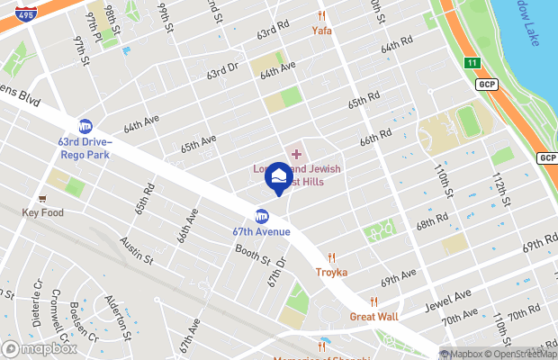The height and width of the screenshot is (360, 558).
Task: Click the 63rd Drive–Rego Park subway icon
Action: tap(85, 126)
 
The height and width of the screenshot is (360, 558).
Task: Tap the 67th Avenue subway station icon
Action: tap(262, 216)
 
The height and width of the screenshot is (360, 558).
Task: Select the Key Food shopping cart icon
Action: tap(42, 198)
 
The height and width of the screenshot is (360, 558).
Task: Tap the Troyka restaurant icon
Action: tap(331, 257)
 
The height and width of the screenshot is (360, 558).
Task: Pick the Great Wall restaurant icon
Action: tap(373, 302)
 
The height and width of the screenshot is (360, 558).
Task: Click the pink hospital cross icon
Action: tap(296, 154)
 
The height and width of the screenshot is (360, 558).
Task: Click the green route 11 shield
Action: tap(472, 62)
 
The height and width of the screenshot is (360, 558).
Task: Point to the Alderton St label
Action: tap(120, 314)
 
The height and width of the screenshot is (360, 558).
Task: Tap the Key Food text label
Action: tap(43, 213)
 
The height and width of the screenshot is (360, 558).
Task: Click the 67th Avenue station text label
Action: tap(261, 231)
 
